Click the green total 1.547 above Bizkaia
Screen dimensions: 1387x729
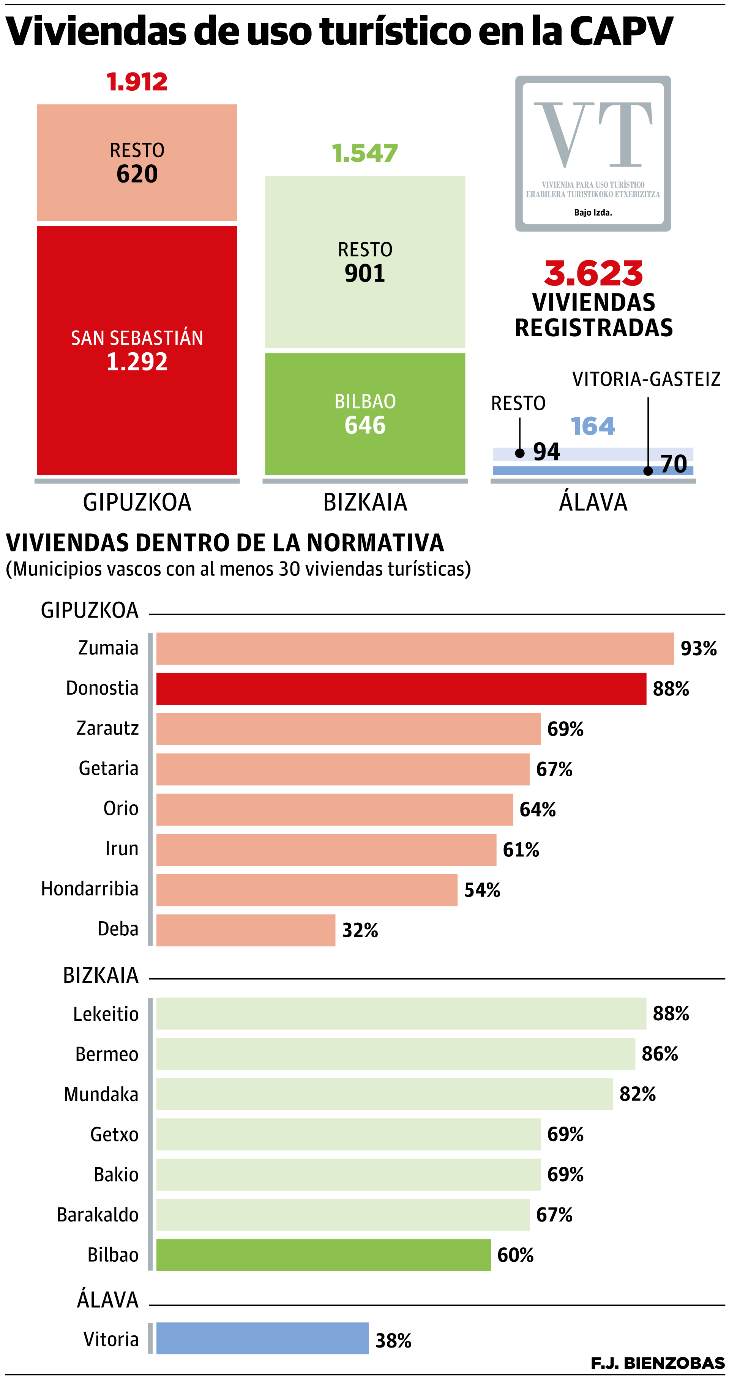364,153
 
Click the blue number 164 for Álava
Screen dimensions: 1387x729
592,426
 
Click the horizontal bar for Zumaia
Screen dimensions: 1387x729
415,648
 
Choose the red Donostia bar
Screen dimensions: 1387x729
401,689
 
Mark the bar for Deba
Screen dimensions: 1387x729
246,930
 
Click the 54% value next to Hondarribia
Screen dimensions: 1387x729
482,890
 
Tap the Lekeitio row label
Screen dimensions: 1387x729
106,1014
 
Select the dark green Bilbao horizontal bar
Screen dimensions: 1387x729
323,1255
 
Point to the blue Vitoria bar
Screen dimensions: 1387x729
262,1338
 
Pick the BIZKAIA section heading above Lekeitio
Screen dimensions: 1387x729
101,975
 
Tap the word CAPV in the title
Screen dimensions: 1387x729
621,31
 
